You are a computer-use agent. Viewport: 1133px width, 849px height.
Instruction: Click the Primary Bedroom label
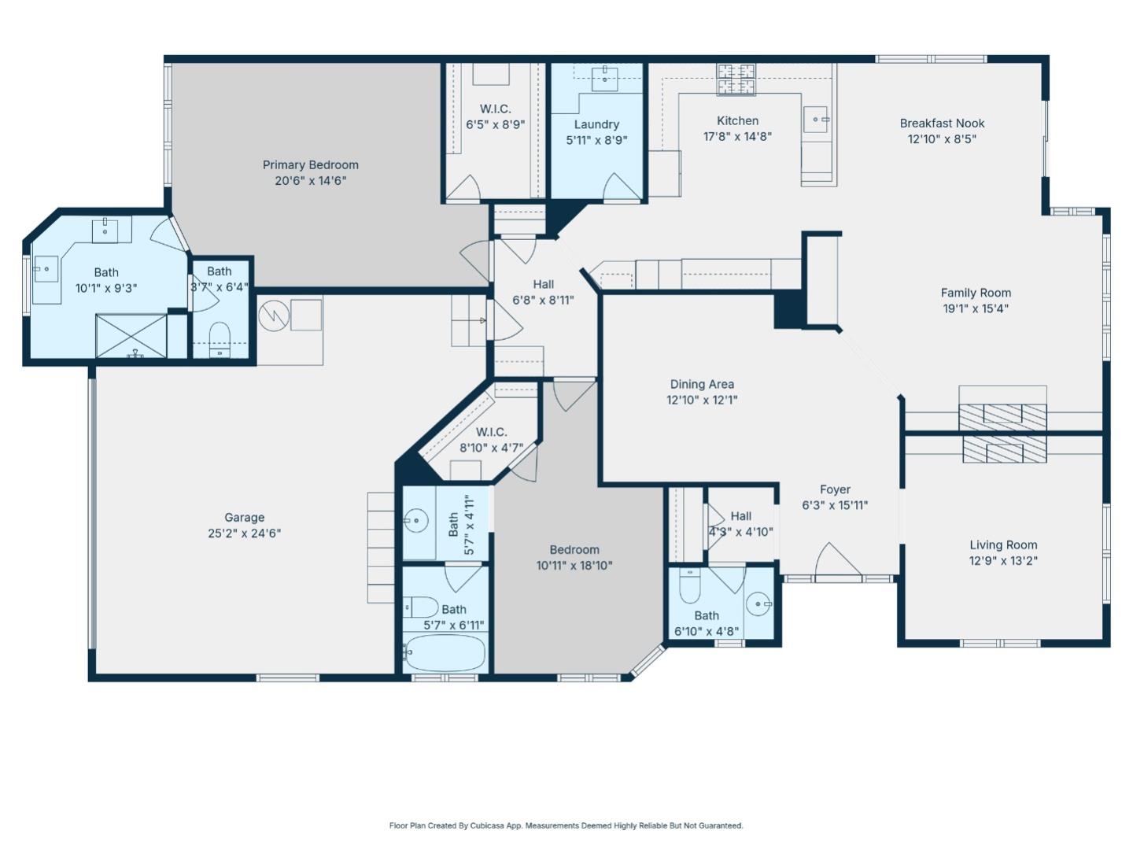310,165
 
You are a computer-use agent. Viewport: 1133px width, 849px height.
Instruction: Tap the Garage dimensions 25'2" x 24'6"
244,533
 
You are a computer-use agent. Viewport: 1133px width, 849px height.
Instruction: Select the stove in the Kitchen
735,79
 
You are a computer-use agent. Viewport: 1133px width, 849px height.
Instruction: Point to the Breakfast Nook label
942,124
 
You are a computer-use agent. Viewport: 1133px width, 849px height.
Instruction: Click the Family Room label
976,293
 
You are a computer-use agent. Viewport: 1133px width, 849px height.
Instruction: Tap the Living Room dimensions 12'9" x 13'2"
1003,561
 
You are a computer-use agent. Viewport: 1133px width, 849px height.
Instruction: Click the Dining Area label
702,384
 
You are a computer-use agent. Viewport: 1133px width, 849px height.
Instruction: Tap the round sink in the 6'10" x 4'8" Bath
759,604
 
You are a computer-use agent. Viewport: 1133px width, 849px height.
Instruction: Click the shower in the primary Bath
131,336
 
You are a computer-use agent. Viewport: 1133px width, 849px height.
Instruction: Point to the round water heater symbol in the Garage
274,316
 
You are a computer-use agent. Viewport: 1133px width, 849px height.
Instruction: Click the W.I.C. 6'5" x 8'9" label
495,109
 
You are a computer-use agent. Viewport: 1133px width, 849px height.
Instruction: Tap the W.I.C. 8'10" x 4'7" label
491,432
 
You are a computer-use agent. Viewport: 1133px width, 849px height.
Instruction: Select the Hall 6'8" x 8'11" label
543,285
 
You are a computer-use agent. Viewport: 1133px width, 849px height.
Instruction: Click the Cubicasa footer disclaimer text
566,825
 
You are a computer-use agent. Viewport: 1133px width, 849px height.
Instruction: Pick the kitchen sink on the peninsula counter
817,120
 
